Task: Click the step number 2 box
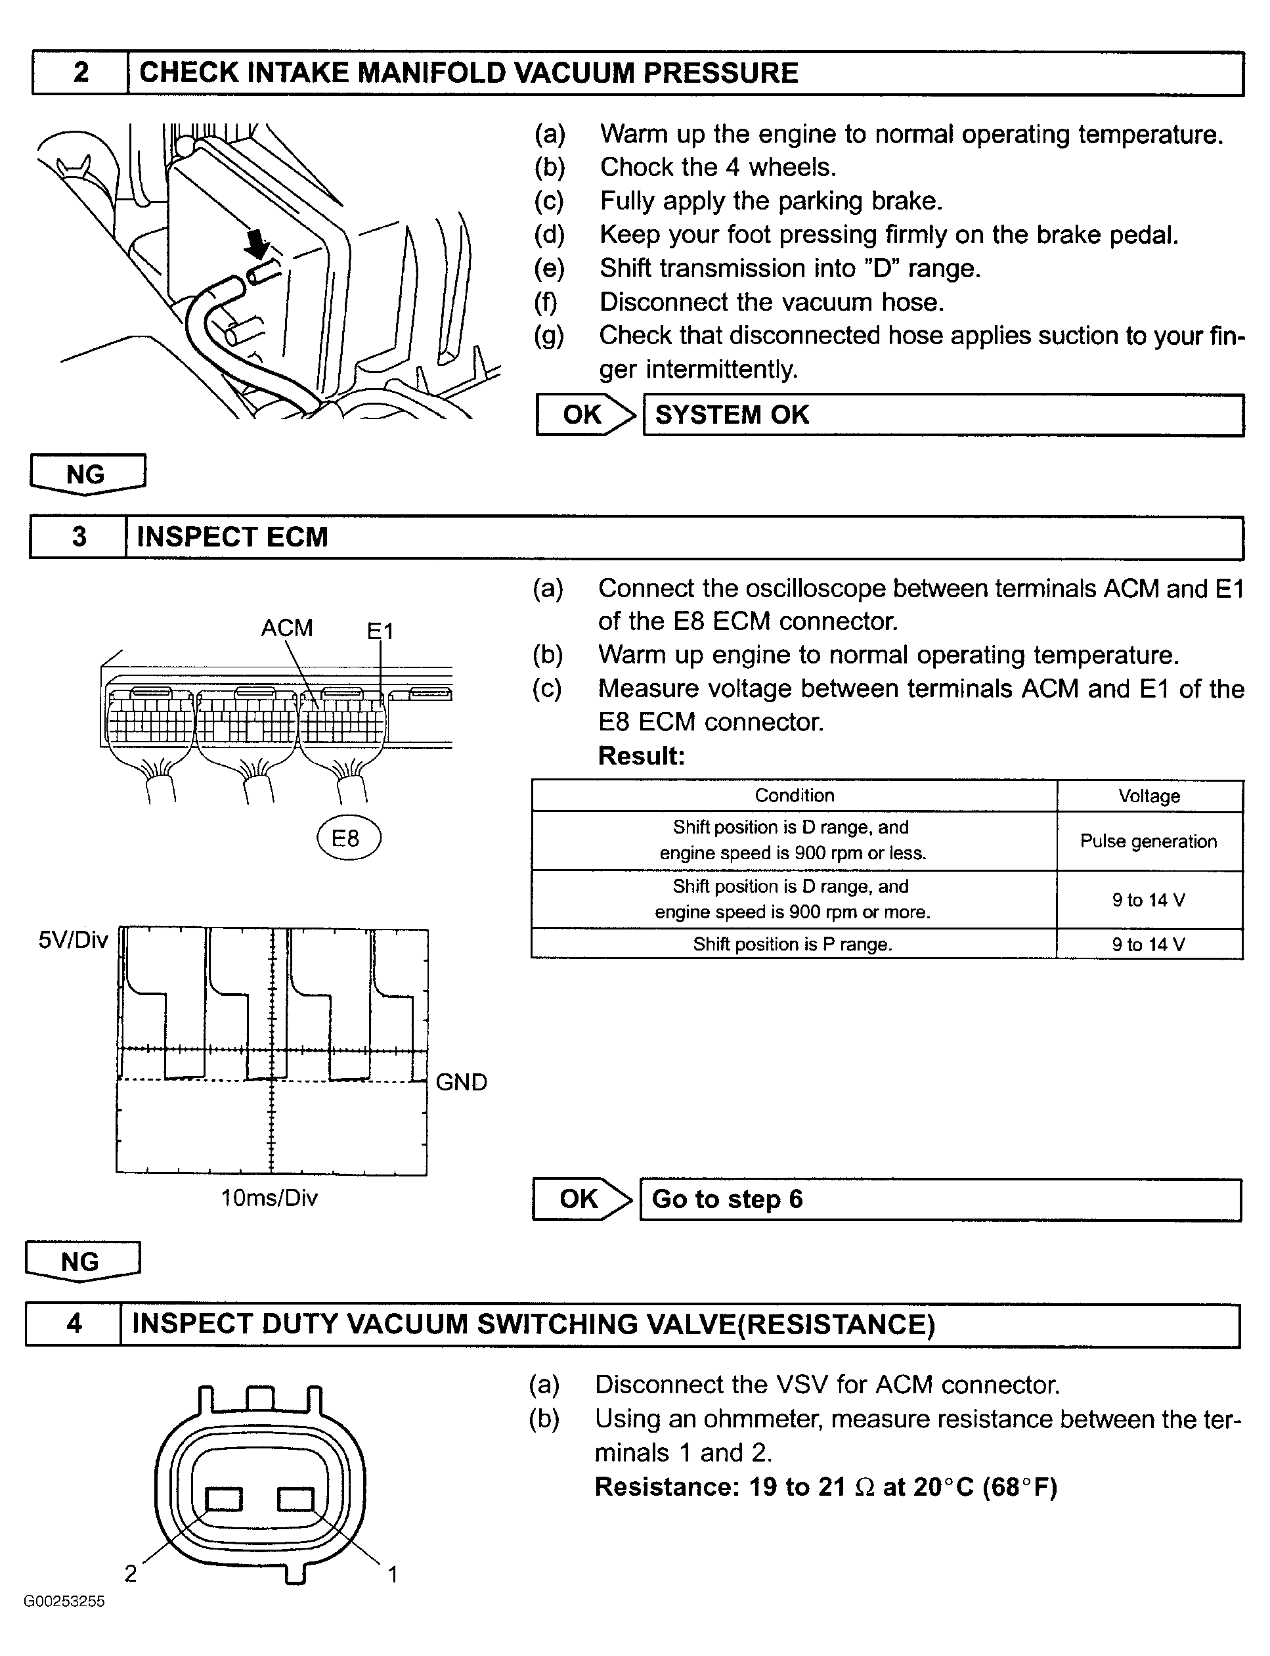pyautogui.click(x=80, y=73)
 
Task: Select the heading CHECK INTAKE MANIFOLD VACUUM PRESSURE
pyautogui.click(x=469, y=73)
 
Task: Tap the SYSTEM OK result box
pyautogui.click(x=943, y=414)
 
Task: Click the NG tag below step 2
pyautogui.click(x=87, y=474)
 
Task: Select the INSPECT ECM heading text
pyautogui.click(x=232, y=537)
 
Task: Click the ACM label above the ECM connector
pyautogui.click(x=286, y=627)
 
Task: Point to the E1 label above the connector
pyautogui.click(x=380, y=630)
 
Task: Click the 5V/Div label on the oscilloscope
pyautogui.click(x=74, y=940)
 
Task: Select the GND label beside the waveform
pyautogui.click(x=461, y=1082)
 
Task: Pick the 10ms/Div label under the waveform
pyautogui.click(x=269, y=1197)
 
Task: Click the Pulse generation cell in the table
pyautogui.click(x=1149, y=841)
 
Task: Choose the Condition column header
pyautogui.click(x=794, y=795)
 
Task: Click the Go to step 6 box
pyautogui.click(x=940, y=1199)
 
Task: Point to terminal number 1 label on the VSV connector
pyautogui.click(x=392, y=1575)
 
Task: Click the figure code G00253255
pyautogui.click(x=64, y=1600)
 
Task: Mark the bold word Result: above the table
pyautogui.click(x=641, y=755)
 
